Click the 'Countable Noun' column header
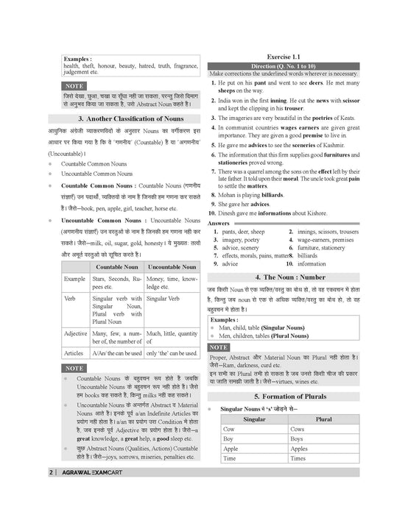(x=116, y=266)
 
